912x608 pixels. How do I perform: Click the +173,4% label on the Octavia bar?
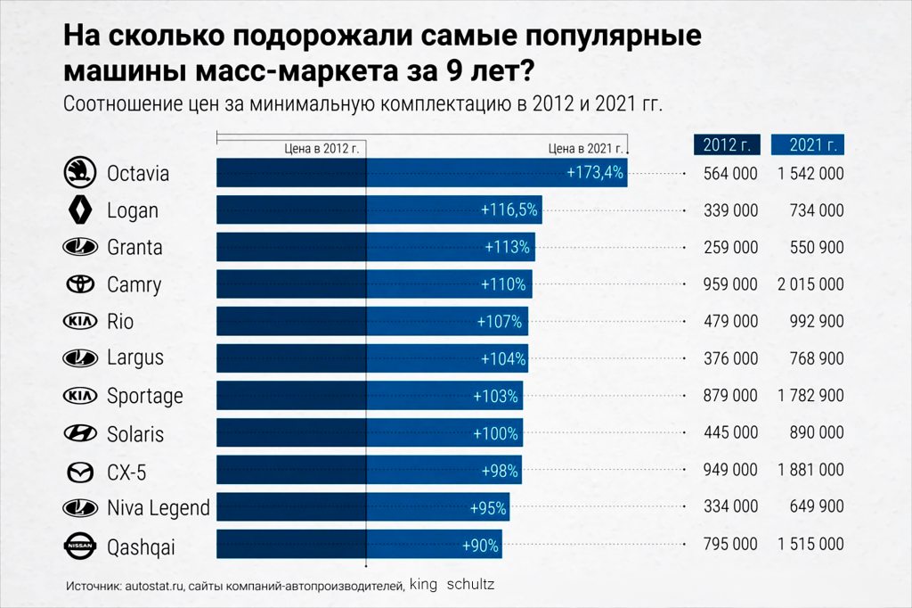595,173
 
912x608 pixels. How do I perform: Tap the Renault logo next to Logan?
80,210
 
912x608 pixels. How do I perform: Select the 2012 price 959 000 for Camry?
729,285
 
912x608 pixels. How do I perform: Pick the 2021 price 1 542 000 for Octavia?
810,174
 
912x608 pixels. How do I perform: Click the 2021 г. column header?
808,144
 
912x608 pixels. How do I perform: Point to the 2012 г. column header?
727,144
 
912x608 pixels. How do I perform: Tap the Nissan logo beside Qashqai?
80,545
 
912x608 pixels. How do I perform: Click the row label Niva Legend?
158,508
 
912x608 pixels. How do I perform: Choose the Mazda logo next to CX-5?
80,471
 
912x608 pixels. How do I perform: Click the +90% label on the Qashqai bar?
480,545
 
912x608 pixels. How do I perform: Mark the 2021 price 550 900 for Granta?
817,248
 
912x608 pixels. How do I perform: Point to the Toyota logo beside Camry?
80,284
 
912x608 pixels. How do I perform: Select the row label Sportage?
145,396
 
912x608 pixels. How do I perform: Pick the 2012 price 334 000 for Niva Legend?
729,507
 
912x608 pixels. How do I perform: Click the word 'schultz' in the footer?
470,586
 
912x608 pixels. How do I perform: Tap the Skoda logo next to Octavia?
80,173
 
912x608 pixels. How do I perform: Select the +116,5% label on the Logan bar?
509,210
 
